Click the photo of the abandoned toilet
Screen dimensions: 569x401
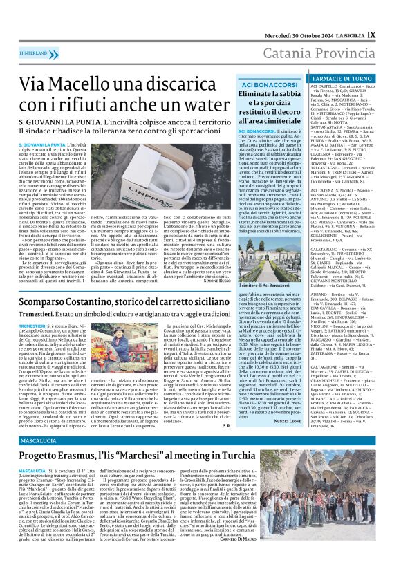click(x=165, y=165)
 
